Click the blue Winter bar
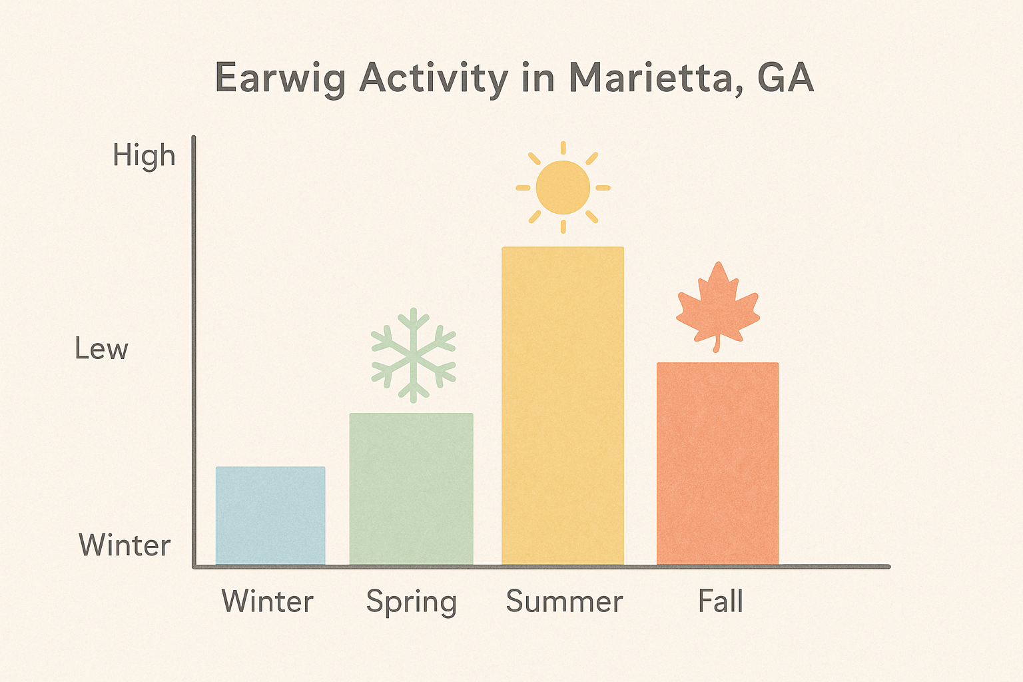270,515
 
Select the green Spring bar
411,489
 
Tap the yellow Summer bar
563,406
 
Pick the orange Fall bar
717,464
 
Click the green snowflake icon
414,356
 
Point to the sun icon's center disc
563,187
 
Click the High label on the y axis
144,156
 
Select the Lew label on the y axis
101,349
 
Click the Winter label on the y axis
125,545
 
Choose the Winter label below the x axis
267,601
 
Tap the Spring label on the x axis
412,602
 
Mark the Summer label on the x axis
564,601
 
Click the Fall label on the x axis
720,601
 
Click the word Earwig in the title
280,79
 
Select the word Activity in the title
434,79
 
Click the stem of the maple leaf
717,344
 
